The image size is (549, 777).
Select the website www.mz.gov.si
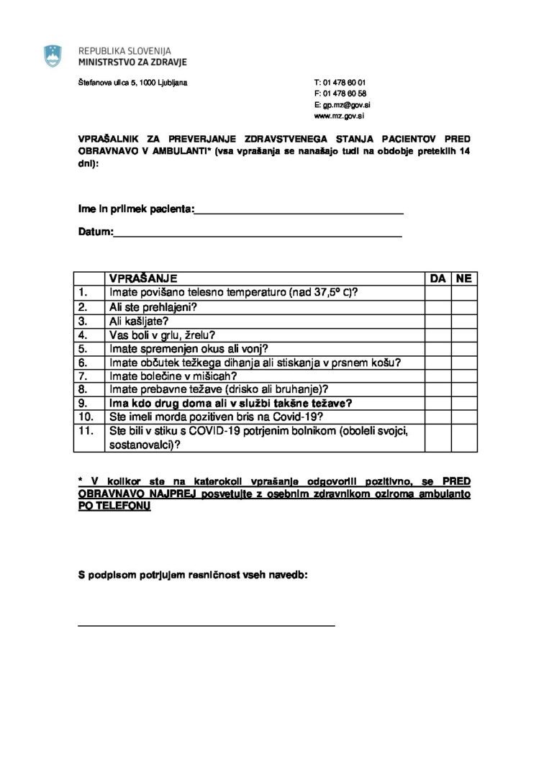click(x=338, y=115)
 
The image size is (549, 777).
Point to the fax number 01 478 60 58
click(x=345, y=94)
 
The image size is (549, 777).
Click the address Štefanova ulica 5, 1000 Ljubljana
click(x=132, y=83)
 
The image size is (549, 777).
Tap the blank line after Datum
click(x=257, y=232)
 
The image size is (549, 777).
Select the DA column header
click(x=437, y=278)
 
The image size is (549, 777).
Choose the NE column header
click(x=464, y=278)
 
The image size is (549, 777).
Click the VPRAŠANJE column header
click(x=142, y=278)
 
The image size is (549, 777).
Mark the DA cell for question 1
click(x=437, y=293)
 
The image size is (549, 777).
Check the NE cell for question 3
click(x=464, y=320)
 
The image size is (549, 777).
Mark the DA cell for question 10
click(x=437, y=417)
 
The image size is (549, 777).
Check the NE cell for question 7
click(x=464, y=376)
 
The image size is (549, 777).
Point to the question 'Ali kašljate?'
click(x=140, y=320)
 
